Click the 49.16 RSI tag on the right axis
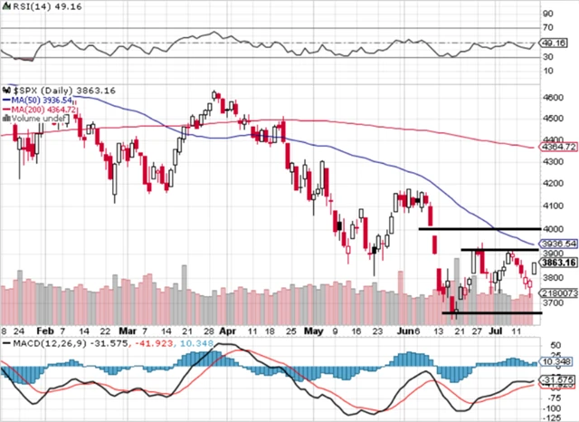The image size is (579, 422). click(x=553, y=42)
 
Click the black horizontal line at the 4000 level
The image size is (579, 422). click(x=479, y=228)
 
